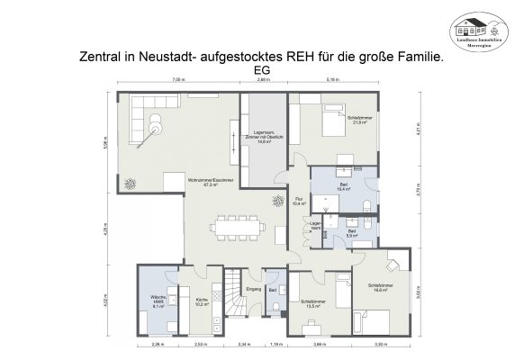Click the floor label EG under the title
[262, 69]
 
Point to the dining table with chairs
[241, 229]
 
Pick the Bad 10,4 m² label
[343, 187]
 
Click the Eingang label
[254, 289]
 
